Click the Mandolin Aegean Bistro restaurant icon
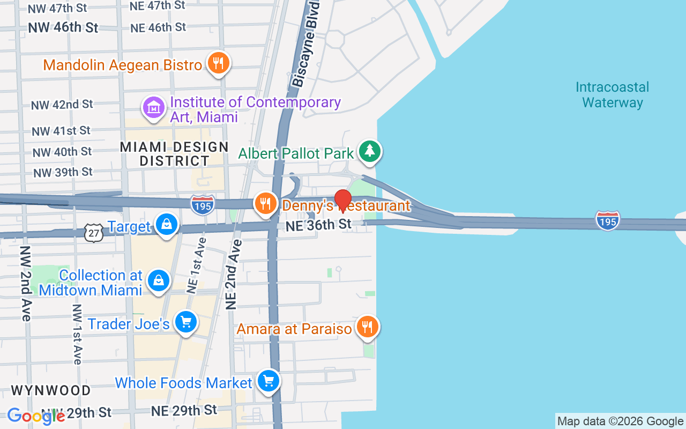218,63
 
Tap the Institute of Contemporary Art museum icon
154,108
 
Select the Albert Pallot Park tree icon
369,151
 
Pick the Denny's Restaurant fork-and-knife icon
265,203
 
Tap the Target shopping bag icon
167,224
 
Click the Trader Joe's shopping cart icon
186,322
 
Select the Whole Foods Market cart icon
269,381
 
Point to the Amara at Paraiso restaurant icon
367,326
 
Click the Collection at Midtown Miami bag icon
159,280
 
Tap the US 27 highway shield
93,233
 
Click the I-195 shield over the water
607,220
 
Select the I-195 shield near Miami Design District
203,205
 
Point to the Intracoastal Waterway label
612,95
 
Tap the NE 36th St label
318,225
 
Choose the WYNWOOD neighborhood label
51,390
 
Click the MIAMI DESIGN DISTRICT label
174,153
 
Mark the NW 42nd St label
62,105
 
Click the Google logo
36,416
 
